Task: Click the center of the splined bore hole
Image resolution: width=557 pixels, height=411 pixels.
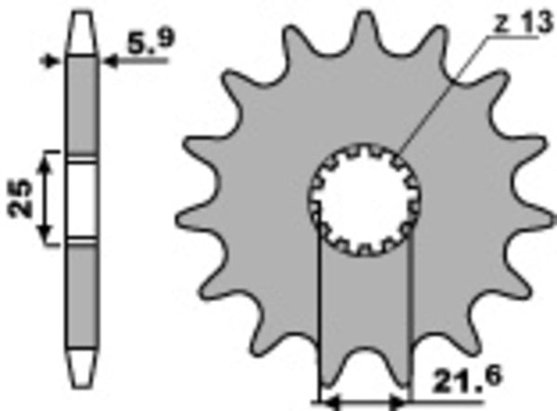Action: pos(365,199)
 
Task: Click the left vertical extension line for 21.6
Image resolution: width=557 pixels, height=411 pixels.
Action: pos(318,315)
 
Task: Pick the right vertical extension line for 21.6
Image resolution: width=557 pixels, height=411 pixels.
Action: pos(409,315)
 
